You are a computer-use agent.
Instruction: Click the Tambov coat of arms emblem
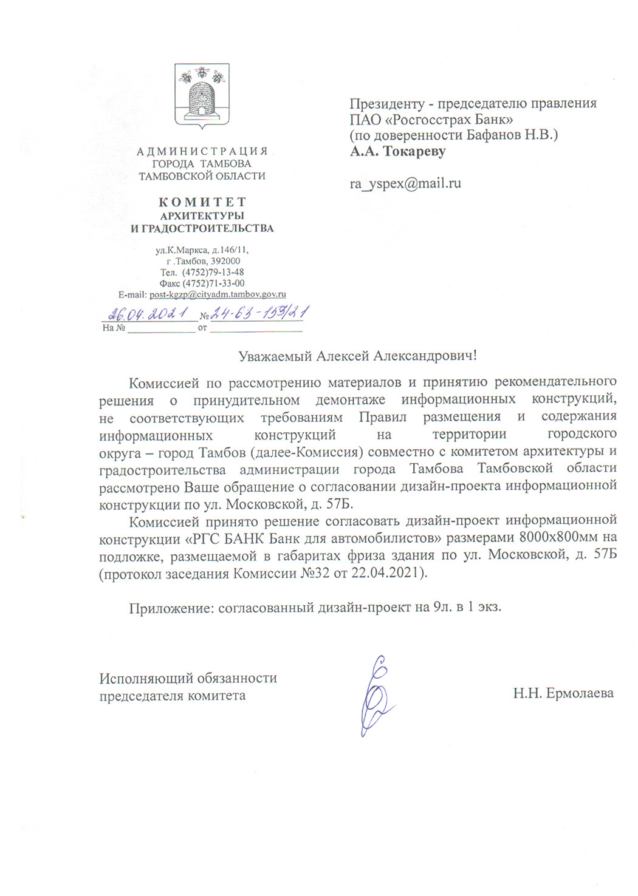[x=202, y=95]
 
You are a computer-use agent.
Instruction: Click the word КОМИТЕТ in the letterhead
[x=202, y=202]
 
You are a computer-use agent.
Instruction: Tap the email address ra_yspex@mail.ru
[x=405, y=183]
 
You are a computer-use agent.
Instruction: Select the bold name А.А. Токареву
[x=397, y=151]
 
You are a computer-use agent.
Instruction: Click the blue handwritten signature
[x=377, y=696]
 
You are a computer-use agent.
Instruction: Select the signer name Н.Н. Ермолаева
[x=563, y=693]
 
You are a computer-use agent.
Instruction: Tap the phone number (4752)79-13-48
[x=213, y=272]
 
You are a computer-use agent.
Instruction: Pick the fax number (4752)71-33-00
[x=213, y=283]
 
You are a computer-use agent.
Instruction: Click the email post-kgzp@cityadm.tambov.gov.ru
[x=218, y=294]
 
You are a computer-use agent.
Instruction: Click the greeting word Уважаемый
[x=275, y=356]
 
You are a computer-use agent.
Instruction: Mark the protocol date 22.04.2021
[x=386, y=572]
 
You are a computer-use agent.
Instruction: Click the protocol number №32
[x=314, y=572]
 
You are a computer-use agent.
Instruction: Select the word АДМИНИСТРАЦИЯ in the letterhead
[x=202, y=151]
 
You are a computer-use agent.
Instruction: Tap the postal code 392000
[x=226, y=261]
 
